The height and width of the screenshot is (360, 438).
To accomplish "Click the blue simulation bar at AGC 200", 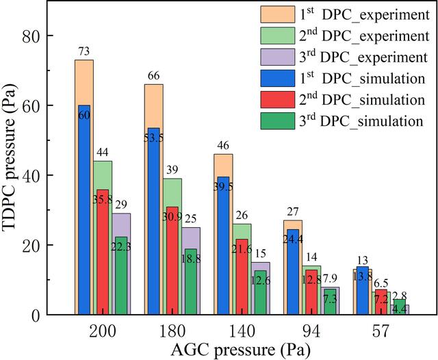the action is point(84,209).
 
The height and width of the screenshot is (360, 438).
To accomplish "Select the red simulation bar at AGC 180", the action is point(172,261).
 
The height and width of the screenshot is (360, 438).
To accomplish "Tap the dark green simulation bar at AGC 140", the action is point(260,293).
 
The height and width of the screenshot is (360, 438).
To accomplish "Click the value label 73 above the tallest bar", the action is point(83,51).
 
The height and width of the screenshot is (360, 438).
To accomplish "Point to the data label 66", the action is point(153,76).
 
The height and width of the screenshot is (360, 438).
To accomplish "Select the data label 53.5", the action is point(153,138).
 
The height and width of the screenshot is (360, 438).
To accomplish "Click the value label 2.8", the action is point(400,296).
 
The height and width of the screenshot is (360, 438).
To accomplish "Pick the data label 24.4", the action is point(293,240).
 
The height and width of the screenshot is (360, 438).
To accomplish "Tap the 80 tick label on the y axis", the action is point(30,36).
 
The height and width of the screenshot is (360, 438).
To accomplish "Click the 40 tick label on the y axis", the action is point(30,175).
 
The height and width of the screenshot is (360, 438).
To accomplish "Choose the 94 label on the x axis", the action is point(311,332).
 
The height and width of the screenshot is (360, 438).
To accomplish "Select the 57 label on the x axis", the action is point(381,332).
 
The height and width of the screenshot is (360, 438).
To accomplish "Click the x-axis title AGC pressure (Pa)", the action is point(240,350).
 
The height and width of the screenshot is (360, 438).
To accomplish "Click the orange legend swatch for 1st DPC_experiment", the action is point(278,14).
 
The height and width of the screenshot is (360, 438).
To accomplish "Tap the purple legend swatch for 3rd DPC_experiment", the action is point(278,57).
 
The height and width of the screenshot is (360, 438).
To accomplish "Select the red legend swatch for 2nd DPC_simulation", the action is point(278,100).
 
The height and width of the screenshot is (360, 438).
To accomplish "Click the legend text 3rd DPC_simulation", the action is point(361,121).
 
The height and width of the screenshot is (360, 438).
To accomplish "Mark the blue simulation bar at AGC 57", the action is point(363,291).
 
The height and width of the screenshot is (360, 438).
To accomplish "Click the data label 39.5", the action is point(224,187).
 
